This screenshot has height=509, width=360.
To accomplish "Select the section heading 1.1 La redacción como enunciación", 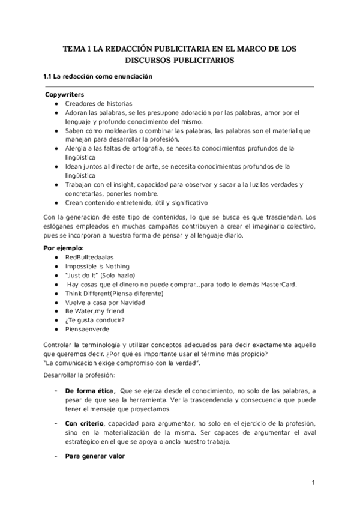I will click(x=95, y=77).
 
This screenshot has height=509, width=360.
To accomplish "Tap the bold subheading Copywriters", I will click(x=64, y=95).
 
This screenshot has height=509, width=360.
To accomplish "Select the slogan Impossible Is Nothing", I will click(x=97, y=266).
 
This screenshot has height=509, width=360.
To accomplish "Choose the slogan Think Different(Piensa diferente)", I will click(x=114, y=293).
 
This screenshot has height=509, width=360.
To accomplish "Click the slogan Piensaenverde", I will click(x=87, y=329).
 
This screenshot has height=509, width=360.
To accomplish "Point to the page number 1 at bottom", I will click(x=313, y=483).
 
